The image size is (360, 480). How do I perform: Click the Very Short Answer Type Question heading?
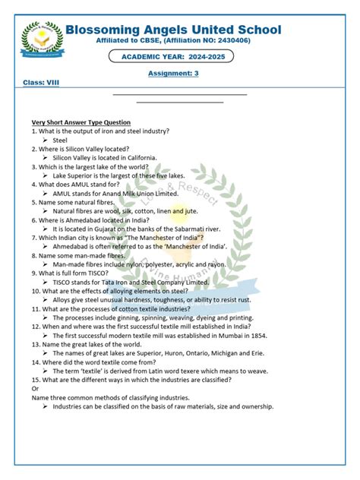pyautogui.click(x=81, y=122)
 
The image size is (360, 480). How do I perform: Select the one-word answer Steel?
pyautogui.click(x=60, y=141)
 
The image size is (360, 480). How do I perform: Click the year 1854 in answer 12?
pyautogui.click(x=254, y=334)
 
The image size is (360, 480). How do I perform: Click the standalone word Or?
pyautogui.click(x=35, y=388)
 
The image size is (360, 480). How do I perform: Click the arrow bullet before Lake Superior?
pyautogui.click(x=46, y=176)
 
